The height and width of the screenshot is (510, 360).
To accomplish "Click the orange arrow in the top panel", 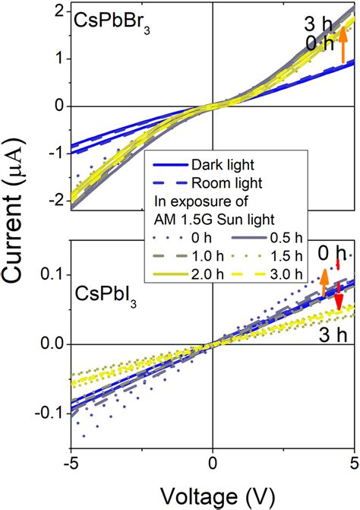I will coord(343,43).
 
